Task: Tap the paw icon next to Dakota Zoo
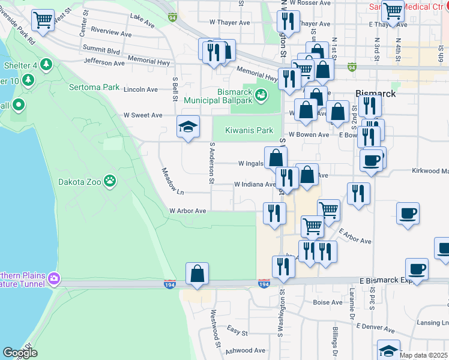click(109, 180)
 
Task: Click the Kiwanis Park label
click(249, 130)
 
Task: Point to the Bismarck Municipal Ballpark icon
click(261, 95)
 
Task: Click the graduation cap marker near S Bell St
click(188, 127)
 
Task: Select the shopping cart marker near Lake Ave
click(43, 20)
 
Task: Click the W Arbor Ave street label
click(187, 211)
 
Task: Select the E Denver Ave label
click(375, 328)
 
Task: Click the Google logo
click(20, 352)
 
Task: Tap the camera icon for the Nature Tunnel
click(55, 278)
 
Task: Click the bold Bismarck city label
click(375, 94)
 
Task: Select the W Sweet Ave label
click(143, 115)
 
